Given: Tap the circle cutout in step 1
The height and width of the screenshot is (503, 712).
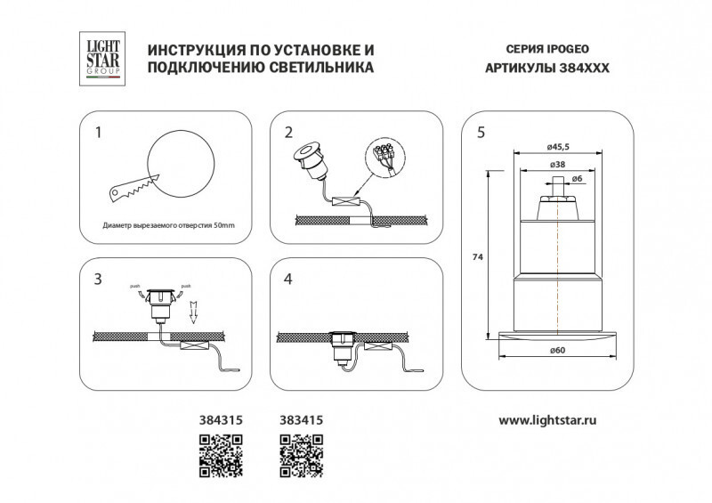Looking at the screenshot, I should (x=180, y=160).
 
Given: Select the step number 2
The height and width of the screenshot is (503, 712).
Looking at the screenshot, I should (x=288, y=134).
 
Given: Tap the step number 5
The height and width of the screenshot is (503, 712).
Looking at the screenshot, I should (x=481, y=134).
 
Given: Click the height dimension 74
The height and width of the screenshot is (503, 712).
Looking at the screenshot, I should (x=477, y=256).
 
